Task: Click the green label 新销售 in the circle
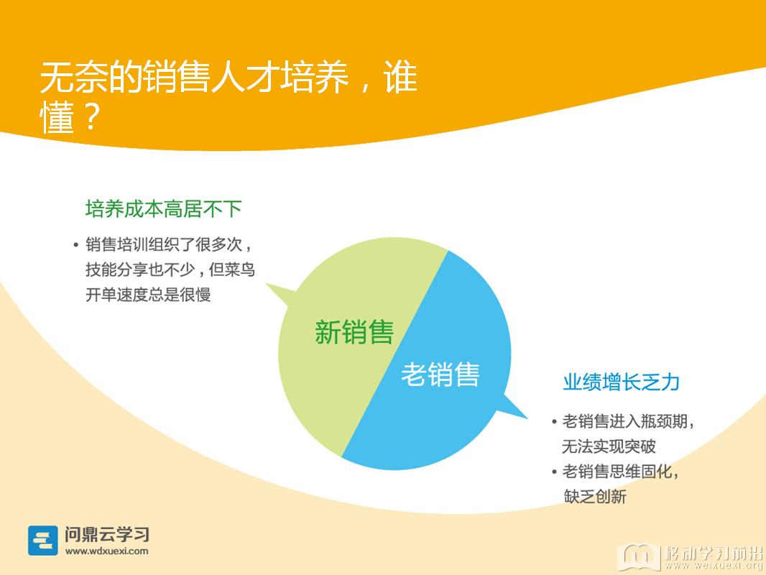tap(354, 332)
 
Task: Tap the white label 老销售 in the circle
tap(440, 374)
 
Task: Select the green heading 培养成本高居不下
tap(164, 209)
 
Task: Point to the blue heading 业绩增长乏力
tap(621, 382)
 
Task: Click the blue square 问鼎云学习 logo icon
tap(43, 540)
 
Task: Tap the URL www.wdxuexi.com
tap(106, 551)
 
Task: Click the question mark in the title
tap(91, 116)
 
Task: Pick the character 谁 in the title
tap(400, 77)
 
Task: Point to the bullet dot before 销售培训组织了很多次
tap(75, 245)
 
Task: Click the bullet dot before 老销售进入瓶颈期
tap(554, 422)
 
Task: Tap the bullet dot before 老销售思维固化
tap(554, 472)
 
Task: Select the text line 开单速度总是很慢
tap(148, 295)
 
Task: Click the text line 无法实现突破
tap(609, 446)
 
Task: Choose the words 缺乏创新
tap(595, 497)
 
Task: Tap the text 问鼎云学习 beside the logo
tap(107, 535)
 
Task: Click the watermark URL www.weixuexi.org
tap(714, 566)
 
